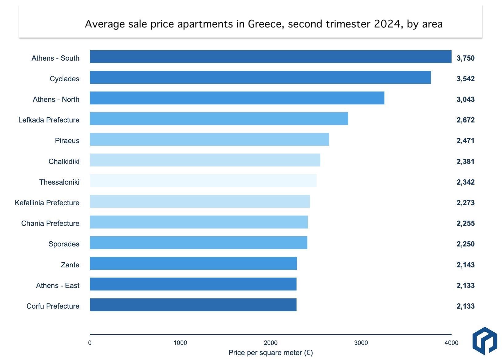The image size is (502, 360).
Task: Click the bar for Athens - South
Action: [x=270, y=57]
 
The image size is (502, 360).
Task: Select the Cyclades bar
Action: [x=260, y=77]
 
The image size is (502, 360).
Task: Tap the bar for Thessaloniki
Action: [x=203, y=181]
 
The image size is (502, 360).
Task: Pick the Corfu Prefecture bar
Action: [x=193, y=305]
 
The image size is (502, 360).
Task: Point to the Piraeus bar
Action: [x=209, y=139]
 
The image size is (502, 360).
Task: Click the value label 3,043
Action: [x=465, y=99]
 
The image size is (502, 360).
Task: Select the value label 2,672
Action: [x=465, y=120]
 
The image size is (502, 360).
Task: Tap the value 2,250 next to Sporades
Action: [x=465, y=244]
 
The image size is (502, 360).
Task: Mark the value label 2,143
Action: [x=465, y=265]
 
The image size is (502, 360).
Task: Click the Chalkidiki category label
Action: [x=64, y=162]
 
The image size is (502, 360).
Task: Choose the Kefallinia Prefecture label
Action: [x=47, y=203]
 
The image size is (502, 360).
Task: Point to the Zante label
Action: [x=70, y=265]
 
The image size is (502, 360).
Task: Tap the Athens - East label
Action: [x=58, y=286]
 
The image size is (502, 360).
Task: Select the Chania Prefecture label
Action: [x=50, y=223]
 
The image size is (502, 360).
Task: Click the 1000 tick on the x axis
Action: [x=180, y=343]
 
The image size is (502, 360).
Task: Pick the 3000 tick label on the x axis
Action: [x=361, y=343]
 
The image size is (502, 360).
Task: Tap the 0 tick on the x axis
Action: [x=90, y=343]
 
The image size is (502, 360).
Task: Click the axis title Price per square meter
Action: [x=270, y=353]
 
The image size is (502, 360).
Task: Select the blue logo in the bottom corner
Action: [x=484, y=341]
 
